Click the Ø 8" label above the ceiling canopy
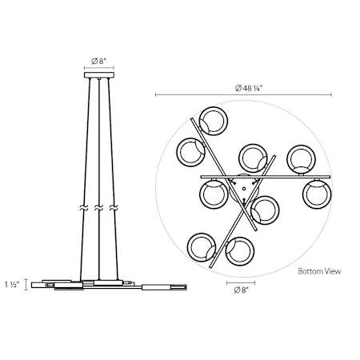99,62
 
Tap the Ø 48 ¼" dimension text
249,88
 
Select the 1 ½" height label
12,285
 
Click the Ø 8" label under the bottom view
241,290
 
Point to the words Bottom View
319,271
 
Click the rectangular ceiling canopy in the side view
99,75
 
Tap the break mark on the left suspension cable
83,208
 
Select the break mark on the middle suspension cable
98,208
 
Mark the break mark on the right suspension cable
114,208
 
